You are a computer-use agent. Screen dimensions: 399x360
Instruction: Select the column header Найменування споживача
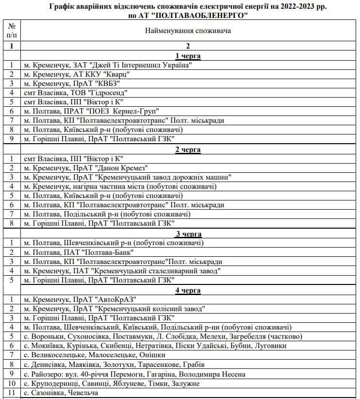(x=188, y=31)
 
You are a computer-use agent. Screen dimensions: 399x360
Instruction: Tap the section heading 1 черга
(x=188, y=56)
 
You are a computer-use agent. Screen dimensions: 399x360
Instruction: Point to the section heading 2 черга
(x=188, y=150)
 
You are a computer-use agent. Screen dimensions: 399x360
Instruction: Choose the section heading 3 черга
(x=188, y=234)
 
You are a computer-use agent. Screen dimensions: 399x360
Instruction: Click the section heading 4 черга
(x=188, y=290)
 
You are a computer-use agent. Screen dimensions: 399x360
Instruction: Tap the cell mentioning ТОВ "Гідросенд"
(x=76, y=93)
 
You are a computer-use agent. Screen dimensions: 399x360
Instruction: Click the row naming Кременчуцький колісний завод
(x=115, y=309)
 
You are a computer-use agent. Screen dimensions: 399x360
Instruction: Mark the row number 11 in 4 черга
(x=11, y=393)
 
